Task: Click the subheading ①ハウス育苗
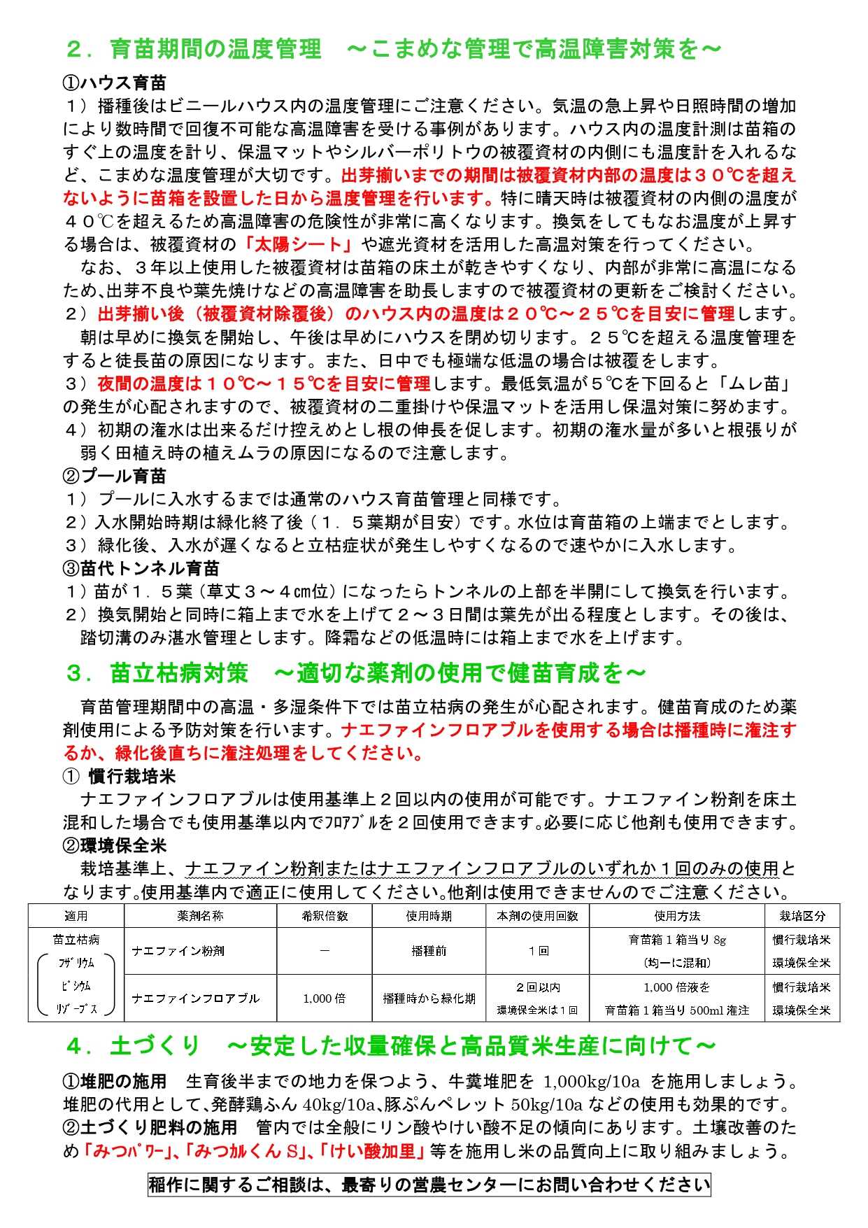[115, 83]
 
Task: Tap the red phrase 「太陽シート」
[301, 244]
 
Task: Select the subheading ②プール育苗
[115, 476]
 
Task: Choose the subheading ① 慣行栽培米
[120, 776]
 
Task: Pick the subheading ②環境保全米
[115, 845]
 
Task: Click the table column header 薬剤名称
[200, 916]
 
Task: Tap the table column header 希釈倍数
[325, 916]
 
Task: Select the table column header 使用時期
[429, 916]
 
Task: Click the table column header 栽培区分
[802, 916]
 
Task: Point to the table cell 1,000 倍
[325, 998]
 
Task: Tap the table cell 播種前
[429, 951]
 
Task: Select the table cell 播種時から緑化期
[429, 998]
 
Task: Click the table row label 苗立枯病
[76, 940]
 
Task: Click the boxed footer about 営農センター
[429, 1185]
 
